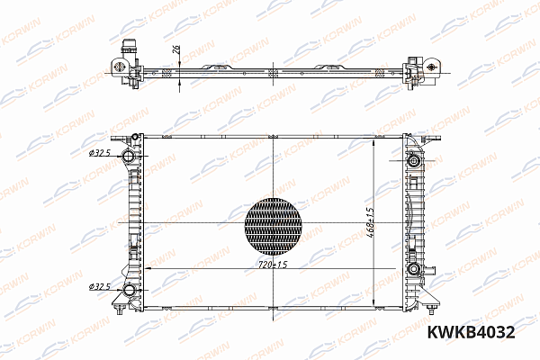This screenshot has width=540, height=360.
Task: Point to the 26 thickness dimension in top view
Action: tap(175, 51)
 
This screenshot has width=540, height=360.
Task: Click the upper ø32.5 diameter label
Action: tap(100, 154)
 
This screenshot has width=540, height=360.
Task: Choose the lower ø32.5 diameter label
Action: tap(100, 287)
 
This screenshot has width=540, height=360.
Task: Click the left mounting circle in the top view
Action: tap(117, 66)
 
